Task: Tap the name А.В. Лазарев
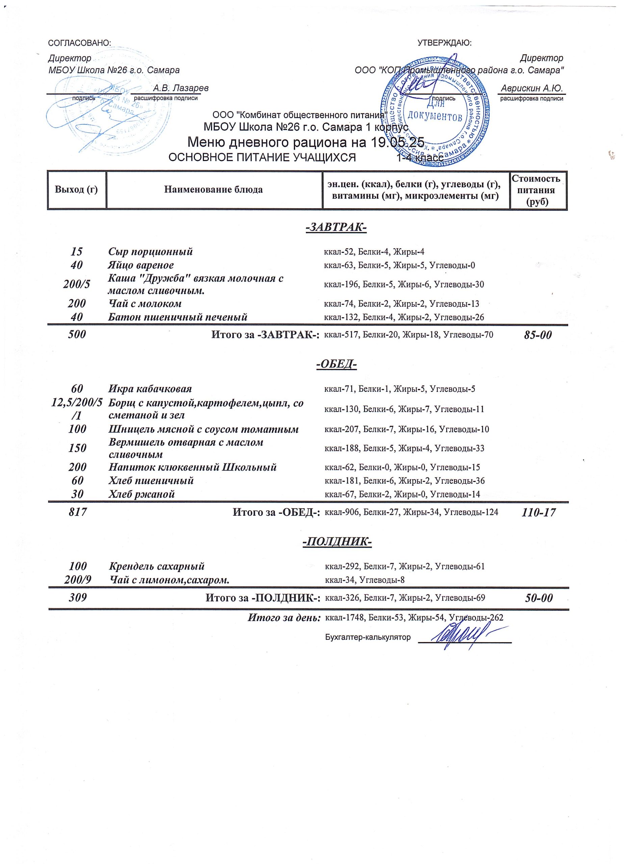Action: coord(181,88)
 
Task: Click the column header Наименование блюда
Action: coord(213,189)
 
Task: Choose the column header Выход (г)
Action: coord(76,189)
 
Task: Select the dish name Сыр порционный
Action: coord(151,252)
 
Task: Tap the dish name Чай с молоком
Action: coord(145,304)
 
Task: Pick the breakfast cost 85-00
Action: coord(538,335)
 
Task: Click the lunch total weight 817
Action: coord(77,512)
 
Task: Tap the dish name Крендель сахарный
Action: coord(157,566)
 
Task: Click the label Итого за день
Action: coord(284,618)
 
